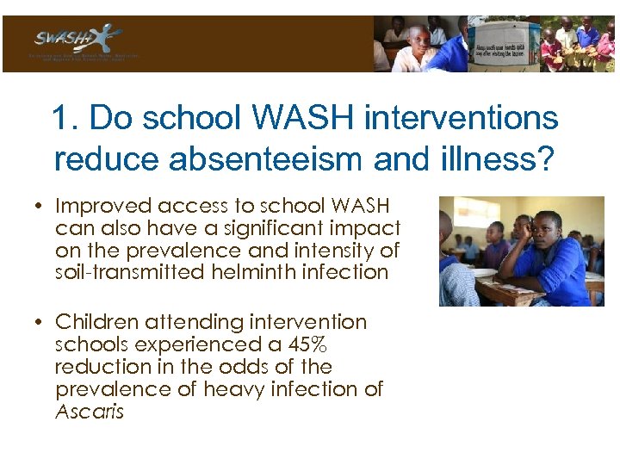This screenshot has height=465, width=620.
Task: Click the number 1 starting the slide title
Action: [x=61, y=118]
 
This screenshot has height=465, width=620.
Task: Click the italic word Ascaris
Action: [x=90, y=412]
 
